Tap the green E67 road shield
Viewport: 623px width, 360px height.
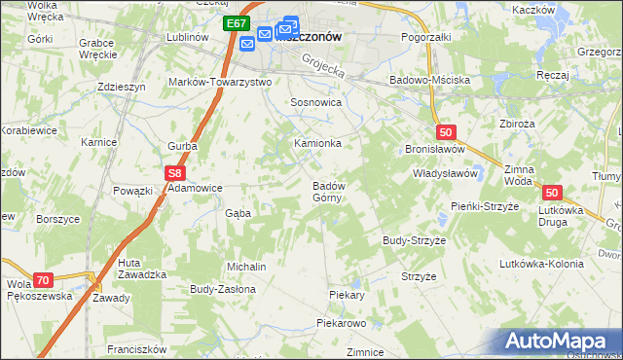coord(236,23)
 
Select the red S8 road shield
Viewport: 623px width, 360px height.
coord(174,173)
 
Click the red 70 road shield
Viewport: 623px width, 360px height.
coord(41,279)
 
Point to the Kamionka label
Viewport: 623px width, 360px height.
coord(318,143)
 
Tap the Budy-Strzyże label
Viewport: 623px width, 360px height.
coord(414,239)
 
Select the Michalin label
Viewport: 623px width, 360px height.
coord(246,266)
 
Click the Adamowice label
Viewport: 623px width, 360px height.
coord(197,188)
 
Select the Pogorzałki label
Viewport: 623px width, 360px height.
coord(427,36)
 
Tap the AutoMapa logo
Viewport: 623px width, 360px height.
coord(561,342)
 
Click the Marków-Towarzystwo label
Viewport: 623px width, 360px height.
coord(220,82)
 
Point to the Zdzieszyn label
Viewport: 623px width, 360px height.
coord(122,86)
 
